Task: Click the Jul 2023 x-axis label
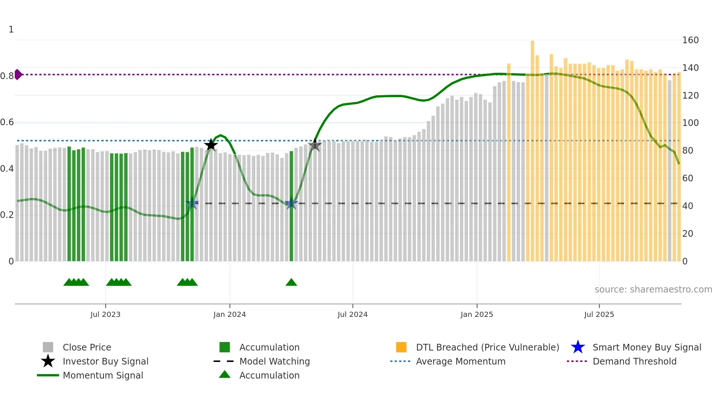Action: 105,314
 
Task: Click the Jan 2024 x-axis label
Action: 229,314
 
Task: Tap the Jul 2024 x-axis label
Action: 352,314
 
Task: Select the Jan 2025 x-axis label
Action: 477,314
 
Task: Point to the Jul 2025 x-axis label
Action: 599,314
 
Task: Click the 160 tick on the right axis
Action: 690,40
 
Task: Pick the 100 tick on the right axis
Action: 690,123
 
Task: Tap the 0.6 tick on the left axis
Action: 7,122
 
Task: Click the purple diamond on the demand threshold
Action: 18,74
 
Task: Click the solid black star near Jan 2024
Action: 211,145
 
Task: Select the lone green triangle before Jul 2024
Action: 291,283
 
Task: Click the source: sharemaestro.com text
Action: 653,290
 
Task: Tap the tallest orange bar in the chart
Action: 532,148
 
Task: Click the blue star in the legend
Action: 578,347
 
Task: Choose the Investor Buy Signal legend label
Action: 105,361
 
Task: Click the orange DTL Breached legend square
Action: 401,347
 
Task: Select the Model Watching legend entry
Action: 274,361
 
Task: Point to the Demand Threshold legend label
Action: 634,361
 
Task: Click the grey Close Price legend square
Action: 48,347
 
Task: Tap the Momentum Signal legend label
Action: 103,375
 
